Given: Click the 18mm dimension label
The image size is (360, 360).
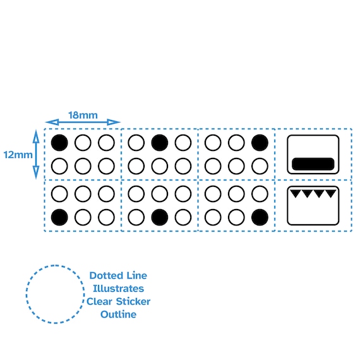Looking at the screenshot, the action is [83, 115].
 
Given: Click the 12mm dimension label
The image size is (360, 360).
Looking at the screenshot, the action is [18, 155].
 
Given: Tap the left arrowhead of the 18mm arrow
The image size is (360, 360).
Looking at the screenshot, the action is [52, 122].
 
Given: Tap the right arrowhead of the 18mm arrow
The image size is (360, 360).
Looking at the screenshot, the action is [114, 122].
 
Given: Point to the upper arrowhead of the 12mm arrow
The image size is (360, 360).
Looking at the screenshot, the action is [36, 136].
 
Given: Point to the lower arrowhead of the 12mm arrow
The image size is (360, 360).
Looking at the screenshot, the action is [36, 172].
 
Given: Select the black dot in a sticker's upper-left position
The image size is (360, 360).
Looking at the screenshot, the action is [59, 143].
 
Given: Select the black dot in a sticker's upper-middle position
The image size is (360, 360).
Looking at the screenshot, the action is [160, 143].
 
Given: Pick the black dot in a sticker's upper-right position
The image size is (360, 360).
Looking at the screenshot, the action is [260, 143].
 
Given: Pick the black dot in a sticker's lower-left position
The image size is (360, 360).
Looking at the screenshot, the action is [59, 217].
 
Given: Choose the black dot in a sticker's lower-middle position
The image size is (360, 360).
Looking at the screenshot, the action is [160, 217].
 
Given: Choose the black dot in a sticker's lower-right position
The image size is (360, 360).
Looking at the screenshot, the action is [260, 217].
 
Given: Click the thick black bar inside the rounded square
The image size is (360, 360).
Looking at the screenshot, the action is [313, 164].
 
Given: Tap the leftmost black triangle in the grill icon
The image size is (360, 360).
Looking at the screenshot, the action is [296, 193].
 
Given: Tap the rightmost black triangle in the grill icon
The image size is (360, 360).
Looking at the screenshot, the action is [330, 193].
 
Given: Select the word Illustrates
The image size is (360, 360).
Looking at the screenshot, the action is [118, 289].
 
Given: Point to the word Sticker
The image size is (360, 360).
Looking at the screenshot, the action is [133, 301].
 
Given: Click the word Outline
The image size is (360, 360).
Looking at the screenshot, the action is [119, 315].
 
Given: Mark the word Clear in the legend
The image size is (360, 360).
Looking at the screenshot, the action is [99, 301].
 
